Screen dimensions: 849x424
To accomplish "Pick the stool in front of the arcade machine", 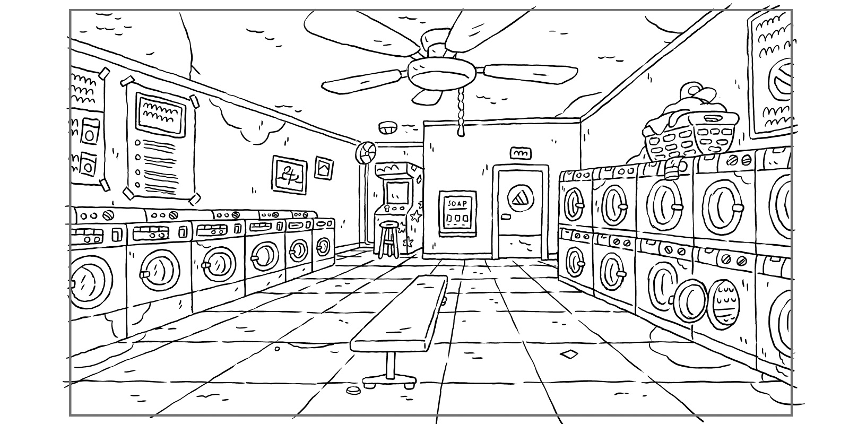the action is click(x=388, y=239).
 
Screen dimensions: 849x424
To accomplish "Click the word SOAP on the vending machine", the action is click(x=456, y=204).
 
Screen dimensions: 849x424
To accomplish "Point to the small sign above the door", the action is click(x=520, y=153).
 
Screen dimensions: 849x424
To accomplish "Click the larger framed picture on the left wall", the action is click(x=290, y=175).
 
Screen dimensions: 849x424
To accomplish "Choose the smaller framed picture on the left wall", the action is click(x=324, y=168).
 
